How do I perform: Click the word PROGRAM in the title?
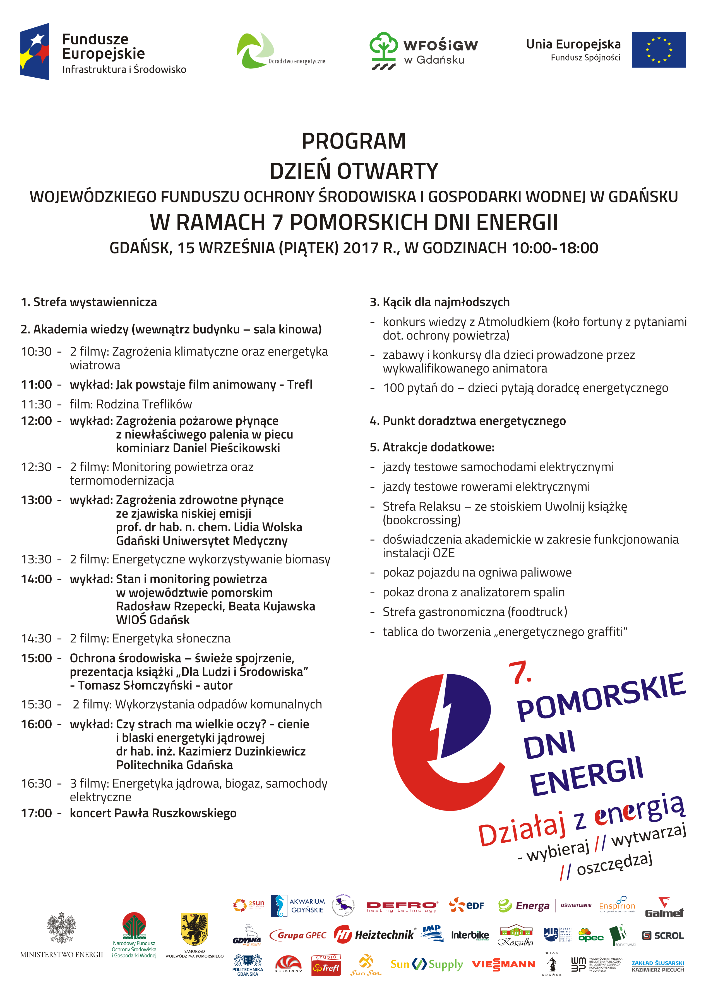354,141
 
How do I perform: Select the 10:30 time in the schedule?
36,352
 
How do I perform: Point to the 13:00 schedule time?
36,500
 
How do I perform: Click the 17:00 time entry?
36,813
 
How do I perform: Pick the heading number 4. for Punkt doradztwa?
374,421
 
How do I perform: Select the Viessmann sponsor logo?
503,965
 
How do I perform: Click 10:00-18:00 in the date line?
555,248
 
